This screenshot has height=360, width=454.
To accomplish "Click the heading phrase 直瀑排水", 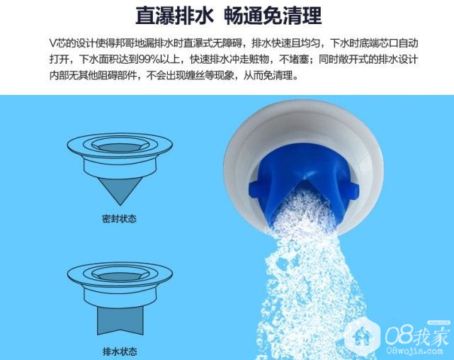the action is click(x=174, y=16).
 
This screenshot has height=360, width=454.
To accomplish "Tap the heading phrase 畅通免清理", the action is click(x=273, y=16).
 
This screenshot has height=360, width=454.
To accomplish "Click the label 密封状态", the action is click(x=119, y=219).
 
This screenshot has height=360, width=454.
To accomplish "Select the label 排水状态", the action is click(x=120, y=351).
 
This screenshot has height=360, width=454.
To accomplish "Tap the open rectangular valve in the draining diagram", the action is click(x=120, y=320).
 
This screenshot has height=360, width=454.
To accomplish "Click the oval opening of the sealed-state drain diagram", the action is click(x=120, y=147).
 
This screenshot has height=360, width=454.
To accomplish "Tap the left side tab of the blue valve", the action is click(x=255, y=189).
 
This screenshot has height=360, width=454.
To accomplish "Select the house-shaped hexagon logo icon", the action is click(x=362, y=336).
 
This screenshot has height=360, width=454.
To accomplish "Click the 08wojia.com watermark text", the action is click(x=414, y=351).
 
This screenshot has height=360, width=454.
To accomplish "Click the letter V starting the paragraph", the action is click(x=53, y=43).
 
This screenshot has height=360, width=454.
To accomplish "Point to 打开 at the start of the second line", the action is click(x=59, y=60).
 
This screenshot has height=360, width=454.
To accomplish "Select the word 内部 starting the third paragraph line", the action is click(x=59, y=76).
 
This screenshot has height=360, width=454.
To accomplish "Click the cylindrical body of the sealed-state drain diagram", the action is click(x=120, y=168).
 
